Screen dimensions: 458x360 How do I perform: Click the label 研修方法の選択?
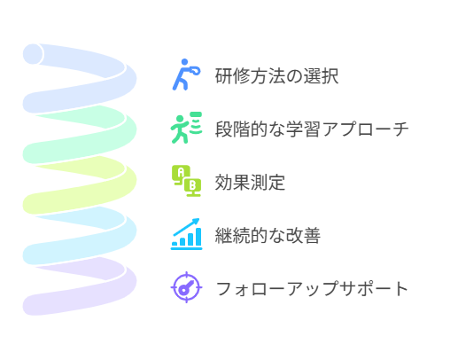(276, 76)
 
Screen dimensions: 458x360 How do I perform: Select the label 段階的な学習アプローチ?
(312, 129)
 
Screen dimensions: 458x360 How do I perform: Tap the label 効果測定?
(250, 183)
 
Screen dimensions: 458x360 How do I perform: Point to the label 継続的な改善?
(268, 236)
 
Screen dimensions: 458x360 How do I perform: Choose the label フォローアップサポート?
(312, 289)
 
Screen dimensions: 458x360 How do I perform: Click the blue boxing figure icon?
(186, 74)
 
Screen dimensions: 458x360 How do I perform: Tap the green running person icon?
(186, 128)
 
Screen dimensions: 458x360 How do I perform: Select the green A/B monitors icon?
(186, 181)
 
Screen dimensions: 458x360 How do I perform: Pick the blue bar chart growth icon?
(186, 234)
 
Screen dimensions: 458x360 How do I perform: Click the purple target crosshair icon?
(186, 287)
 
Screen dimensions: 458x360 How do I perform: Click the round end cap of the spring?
(33, 54)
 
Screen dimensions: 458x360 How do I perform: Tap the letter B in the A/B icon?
(192, 185)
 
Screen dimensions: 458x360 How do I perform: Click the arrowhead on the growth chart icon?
(196, 222)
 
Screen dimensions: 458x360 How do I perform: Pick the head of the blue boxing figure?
(184, 62)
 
